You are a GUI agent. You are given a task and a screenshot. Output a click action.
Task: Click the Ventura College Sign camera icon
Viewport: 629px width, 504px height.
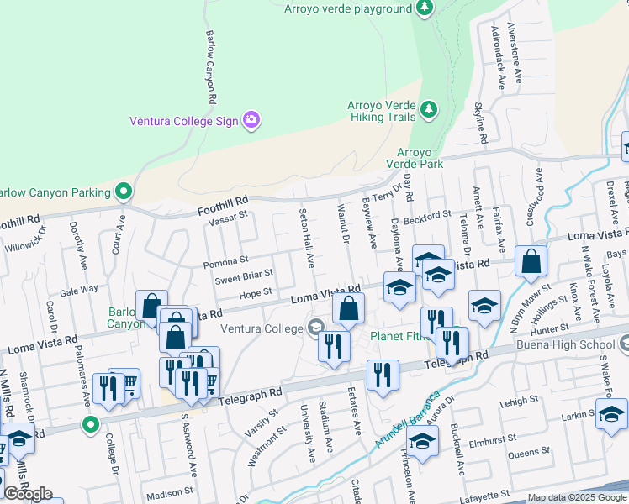(x=251, y=120)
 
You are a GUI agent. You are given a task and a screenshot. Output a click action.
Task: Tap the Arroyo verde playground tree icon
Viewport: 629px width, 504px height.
(x=425, y=8)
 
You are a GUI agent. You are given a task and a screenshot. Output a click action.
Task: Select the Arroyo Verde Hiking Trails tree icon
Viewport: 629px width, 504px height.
(x=429, y=110)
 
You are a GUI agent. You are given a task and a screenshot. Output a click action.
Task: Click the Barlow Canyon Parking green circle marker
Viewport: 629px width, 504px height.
(x=124, y=192)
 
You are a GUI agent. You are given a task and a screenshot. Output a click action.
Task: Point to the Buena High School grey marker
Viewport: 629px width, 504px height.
(x=624, y=344)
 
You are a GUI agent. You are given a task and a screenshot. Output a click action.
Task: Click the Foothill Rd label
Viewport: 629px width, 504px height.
(x=224, y=202)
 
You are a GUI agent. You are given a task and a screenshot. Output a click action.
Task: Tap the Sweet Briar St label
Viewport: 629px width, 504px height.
(x=243, y=274)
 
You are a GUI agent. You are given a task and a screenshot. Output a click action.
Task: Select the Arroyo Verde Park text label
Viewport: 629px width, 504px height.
(x=420, y=158)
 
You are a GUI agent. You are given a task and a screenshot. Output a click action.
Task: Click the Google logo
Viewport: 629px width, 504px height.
(x=28, y=494)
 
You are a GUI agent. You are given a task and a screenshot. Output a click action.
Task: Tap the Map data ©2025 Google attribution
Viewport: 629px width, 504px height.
(x=577, y=497)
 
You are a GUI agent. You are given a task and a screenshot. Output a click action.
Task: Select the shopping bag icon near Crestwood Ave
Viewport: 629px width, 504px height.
(x=531, y=262)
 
